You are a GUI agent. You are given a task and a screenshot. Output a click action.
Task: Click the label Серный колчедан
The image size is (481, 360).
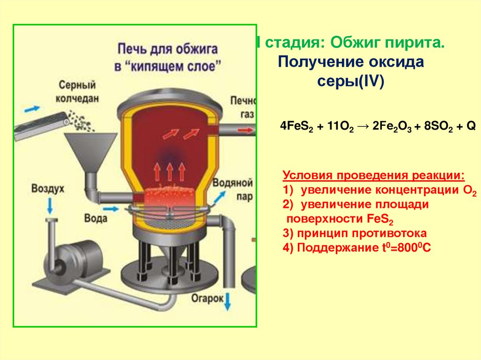point(78,92)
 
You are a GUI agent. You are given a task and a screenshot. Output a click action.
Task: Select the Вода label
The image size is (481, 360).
point(96,218)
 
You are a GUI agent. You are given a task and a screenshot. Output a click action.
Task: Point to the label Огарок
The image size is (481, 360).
point(207,298)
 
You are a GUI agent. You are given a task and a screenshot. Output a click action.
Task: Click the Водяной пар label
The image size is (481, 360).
point(233,189)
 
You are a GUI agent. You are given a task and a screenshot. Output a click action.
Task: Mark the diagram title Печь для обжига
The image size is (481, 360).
point(167,48)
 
